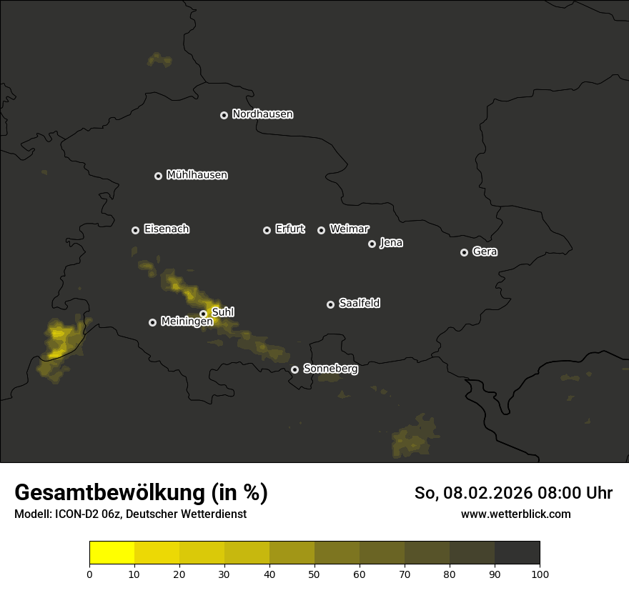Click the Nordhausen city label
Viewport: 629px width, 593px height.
(262, 114)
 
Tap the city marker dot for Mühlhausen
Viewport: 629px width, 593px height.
(159, 176)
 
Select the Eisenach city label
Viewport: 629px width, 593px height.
(166, 229)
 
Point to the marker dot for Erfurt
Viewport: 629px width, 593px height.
(267, 230)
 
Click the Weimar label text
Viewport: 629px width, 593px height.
(349, 229)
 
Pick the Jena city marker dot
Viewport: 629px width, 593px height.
(372, 244)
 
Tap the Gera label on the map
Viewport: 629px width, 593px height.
(484, 251)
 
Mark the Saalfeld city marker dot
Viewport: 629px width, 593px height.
(330, 304)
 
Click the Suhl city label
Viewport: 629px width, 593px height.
(223, 312)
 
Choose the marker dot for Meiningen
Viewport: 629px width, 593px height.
(152, 322)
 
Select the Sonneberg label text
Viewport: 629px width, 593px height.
(330, 369)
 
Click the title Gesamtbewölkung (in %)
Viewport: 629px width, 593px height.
(141, 493)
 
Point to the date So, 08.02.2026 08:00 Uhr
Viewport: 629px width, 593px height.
(513, 493)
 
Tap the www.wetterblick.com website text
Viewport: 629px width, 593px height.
(515, 514)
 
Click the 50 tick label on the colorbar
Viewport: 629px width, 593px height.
(314, 574)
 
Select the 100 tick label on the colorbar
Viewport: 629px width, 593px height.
(540, 574)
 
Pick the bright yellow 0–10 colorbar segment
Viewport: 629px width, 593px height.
(112, 553)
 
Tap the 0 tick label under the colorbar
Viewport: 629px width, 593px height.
(89, 574)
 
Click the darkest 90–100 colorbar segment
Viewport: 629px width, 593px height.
(517, 553)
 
